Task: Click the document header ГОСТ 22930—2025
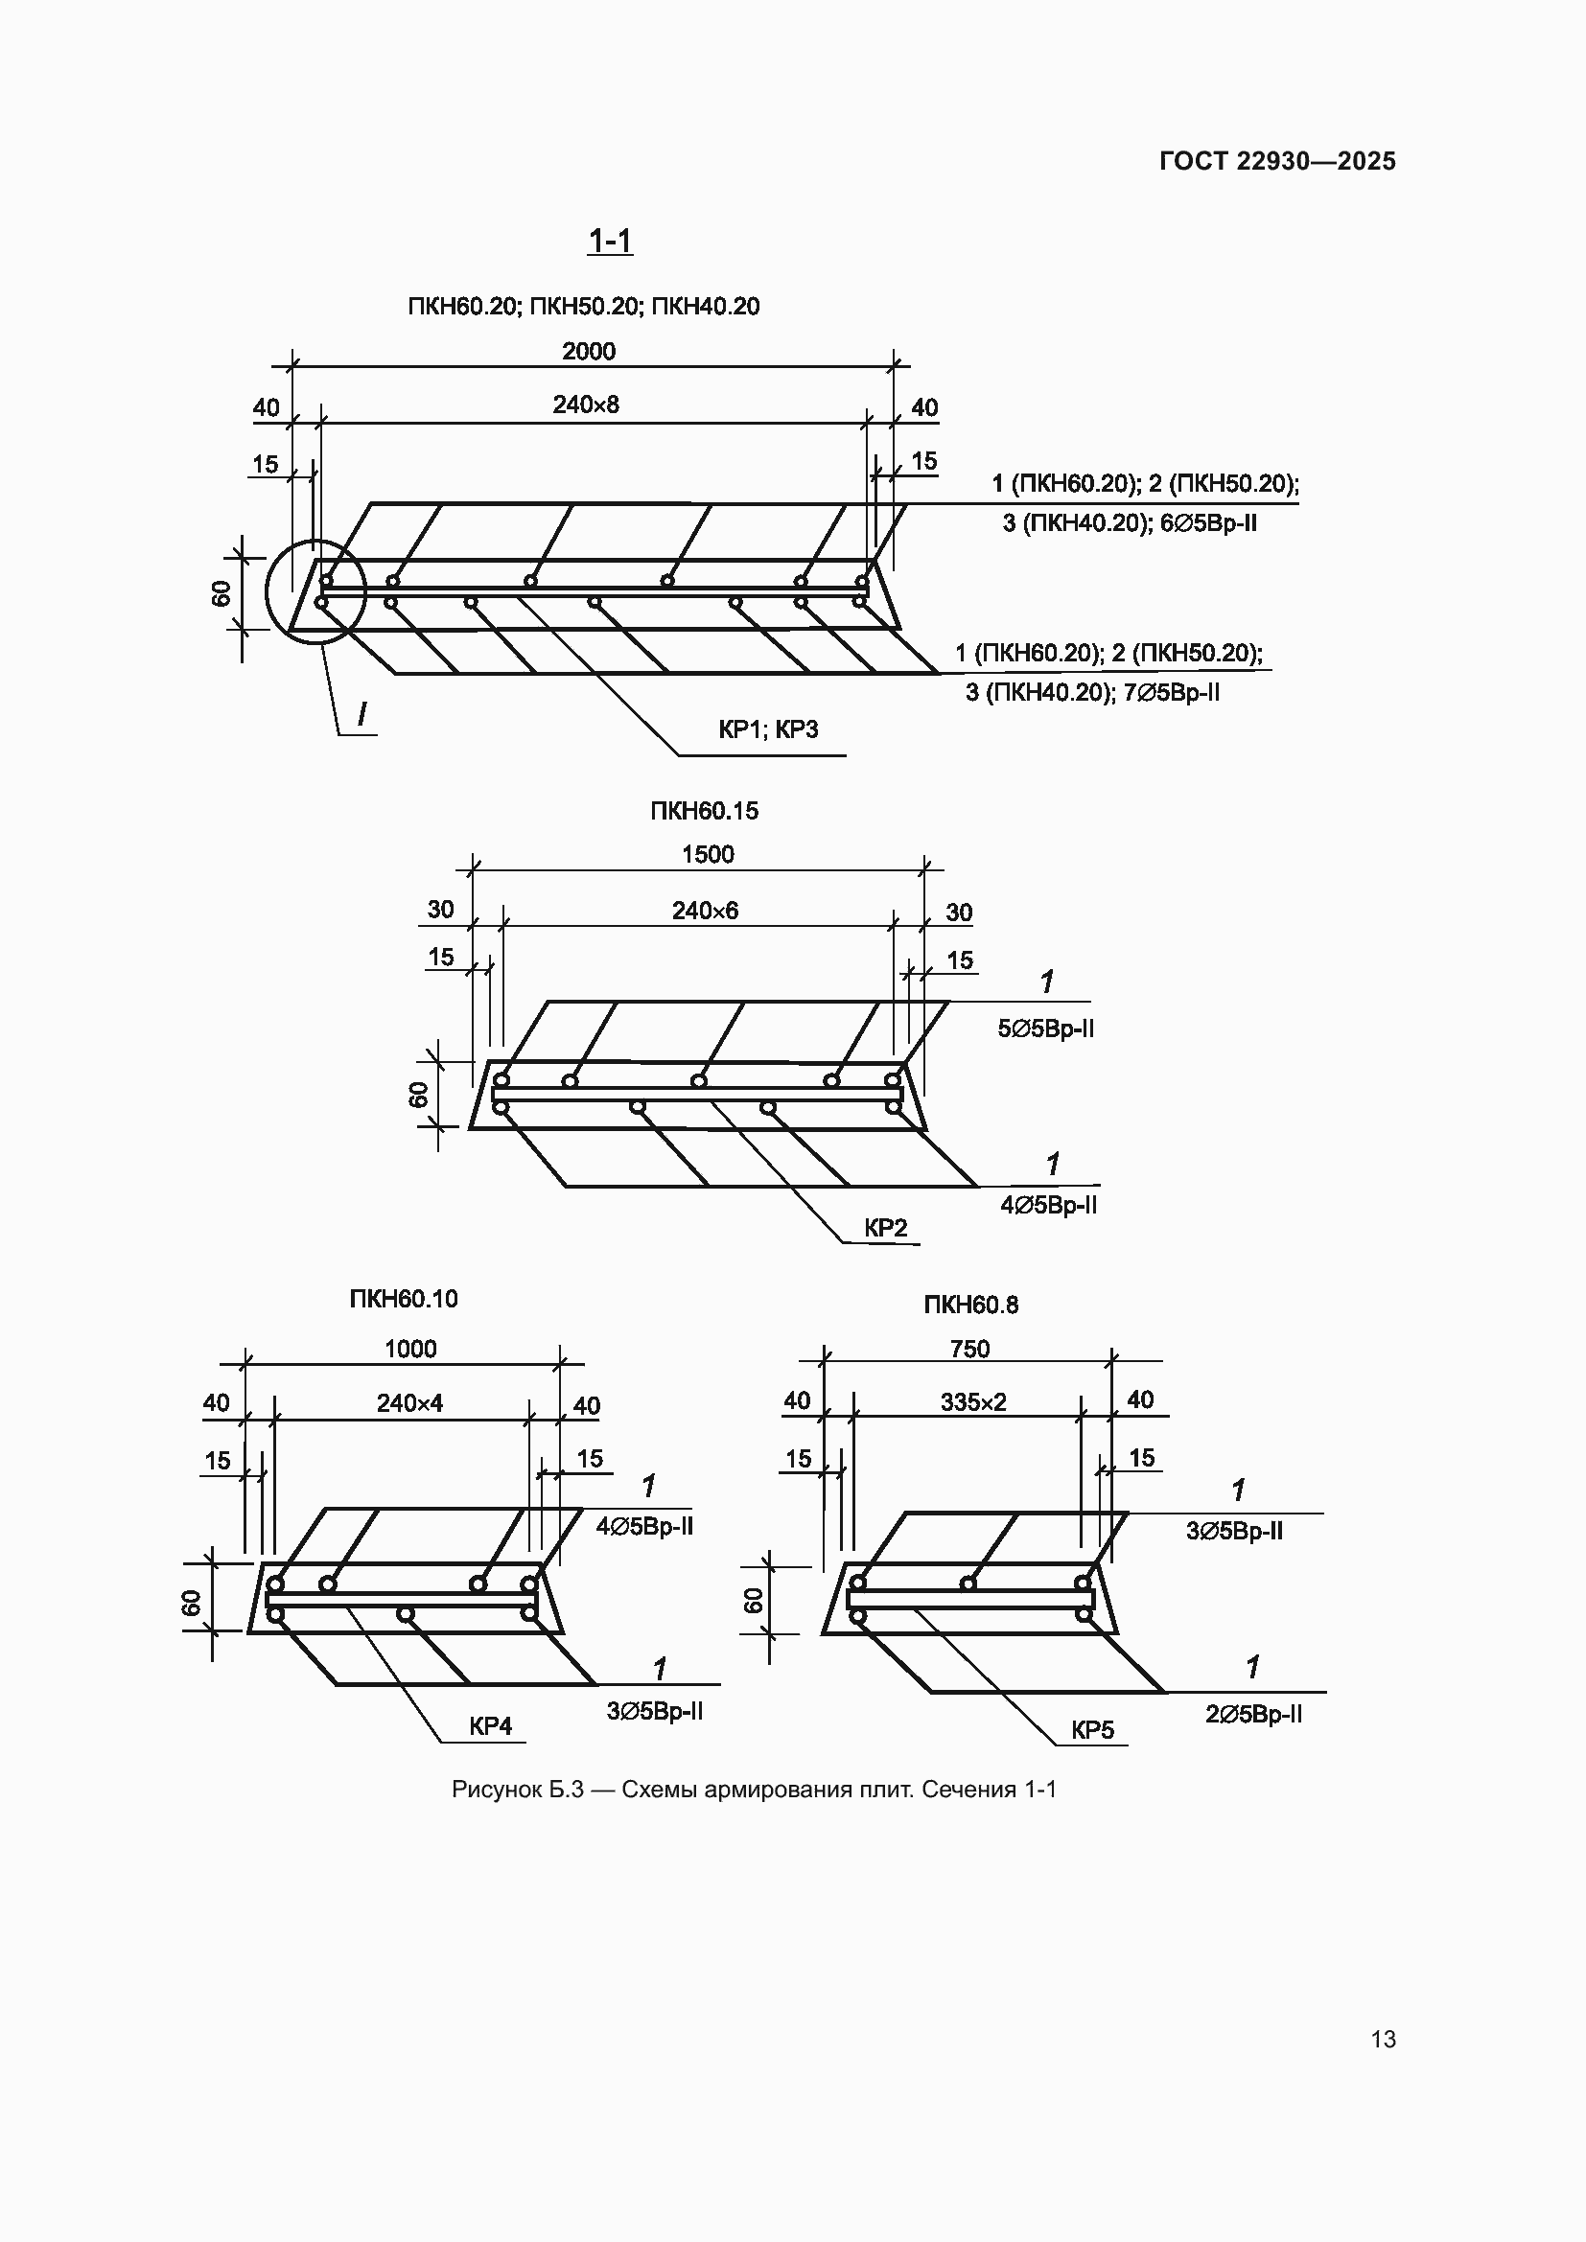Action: click(x=1277, y=161)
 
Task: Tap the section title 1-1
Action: click(x=610, y=241)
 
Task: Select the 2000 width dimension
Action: click(x=588, y=351)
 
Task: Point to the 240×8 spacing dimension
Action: click(x=585, y=404)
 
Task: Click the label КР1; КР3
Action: click(x=768, y=728)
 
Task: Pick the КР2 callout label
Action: click(x=885, y=1228)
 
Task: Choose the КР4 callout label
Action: click(x=490, y=1725)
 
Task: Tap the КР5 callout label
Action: click(x=1092, y=1729)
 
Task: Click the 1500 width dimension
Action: click(x=707, y=854)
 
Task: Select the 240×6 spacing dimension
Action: click(x=704, y=910)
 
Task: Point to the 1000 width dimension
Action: click(x=410, y=1349)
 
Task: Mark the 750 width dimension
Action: click(x=968, y=1349)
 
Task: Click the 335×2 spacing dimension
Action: click(x=972, y=1402)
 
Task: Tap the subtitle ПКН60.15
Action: click(x=704, y=811)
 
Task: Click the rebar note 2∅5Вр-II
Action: click(x=1253, y=1714)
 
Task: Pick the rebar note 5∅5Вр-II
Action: click(x=1045, y=1029)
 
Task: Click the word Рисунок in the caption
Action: click(x=496, y=1790)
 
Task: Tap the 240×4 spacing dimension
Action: click(x=409, y=1403)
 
